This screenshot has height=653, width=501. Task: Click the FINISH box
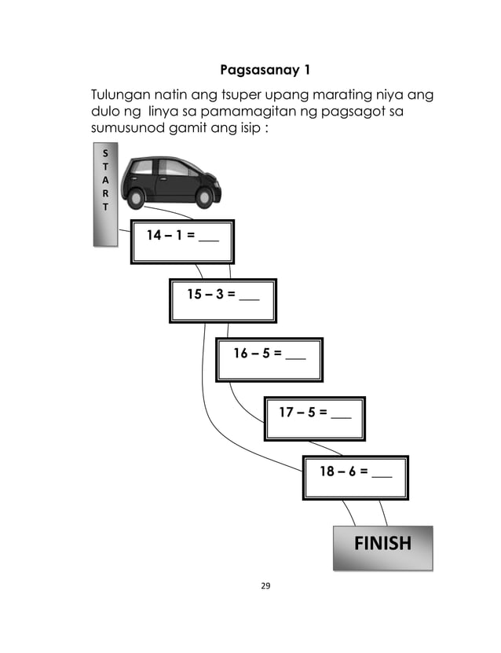tap(382, 544)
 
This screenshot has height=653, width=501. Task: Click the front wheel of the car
tap(205, 196)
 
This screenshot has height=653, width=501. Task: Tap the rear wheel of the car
tap(137, 196)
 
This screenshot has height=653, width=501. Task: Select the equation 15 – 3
tap(210, 295)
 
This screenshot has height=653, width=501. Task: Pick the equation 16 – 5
tap(257, 354)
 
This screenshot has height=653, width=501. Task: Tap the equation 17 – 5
tap(302, 411)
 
